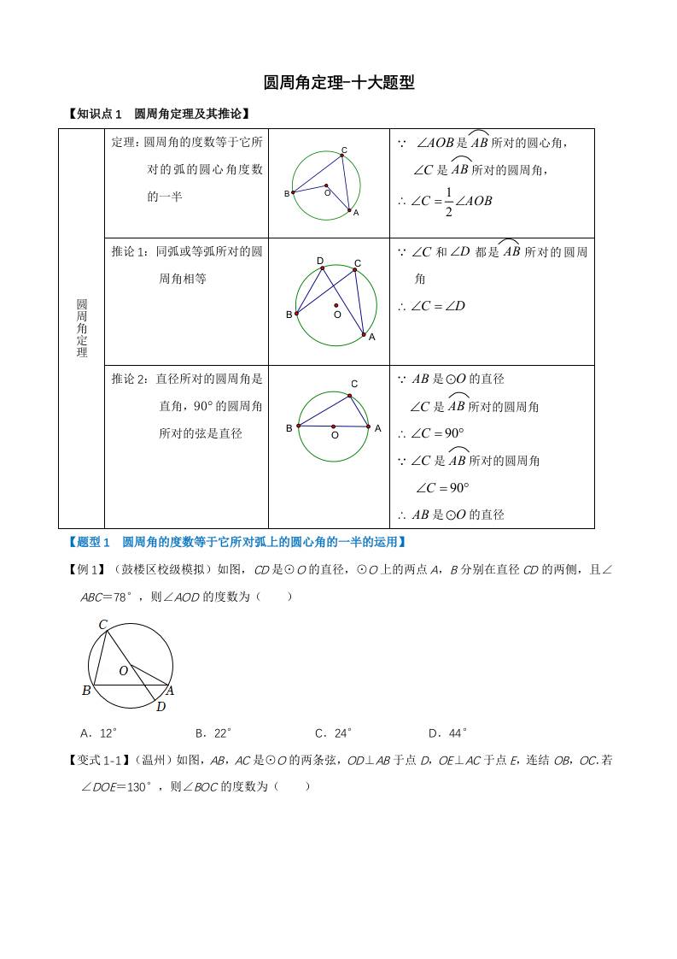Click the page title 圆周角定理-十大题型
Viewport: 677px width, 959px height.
(339, 83)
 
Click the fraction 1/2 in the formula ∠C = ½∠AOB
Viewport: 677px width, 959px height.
(448, 202)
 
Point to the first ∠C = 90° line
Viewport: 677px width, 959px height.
(437, 433)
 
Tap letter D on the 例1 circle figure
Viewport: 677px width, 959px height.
(160, 706)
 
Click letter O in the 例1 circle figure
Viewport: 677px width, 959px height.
(123, 671)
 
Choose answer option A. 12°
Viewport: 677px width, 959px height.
(98, 732)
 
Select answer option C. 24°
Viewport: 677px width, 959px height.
(334, 732)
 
